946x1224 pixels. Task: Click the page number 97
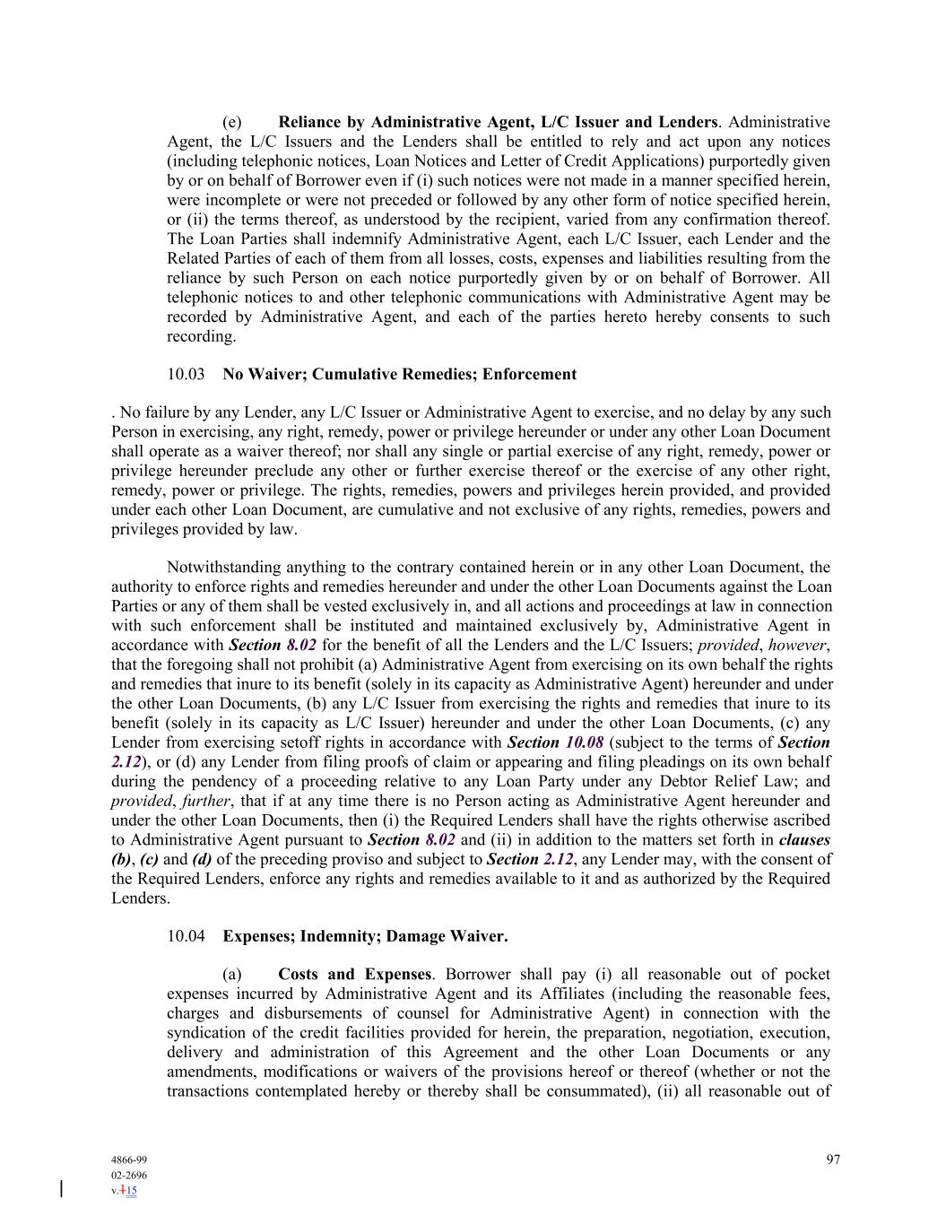tap(833, 1159)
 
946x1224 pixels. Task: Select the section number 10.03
tap(186, 374)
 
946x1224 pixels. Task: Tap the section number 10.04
tap(186, 936)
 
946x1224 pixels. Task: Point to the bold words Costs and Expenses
tap(354, 974)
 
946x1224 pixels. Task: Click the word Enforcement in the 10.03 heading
tap(529, 374)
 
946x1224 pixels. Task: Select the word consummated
tap(587, 1091)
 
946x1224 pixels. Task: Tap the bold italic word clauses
tap(804, 839)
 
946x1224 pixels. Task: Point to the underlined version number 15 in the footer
tap(132, 1191)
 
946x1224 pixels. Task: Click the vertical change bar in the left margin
tap(61, 1190)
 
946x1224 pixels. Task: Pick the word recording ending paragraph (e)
tap(201, 336)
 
